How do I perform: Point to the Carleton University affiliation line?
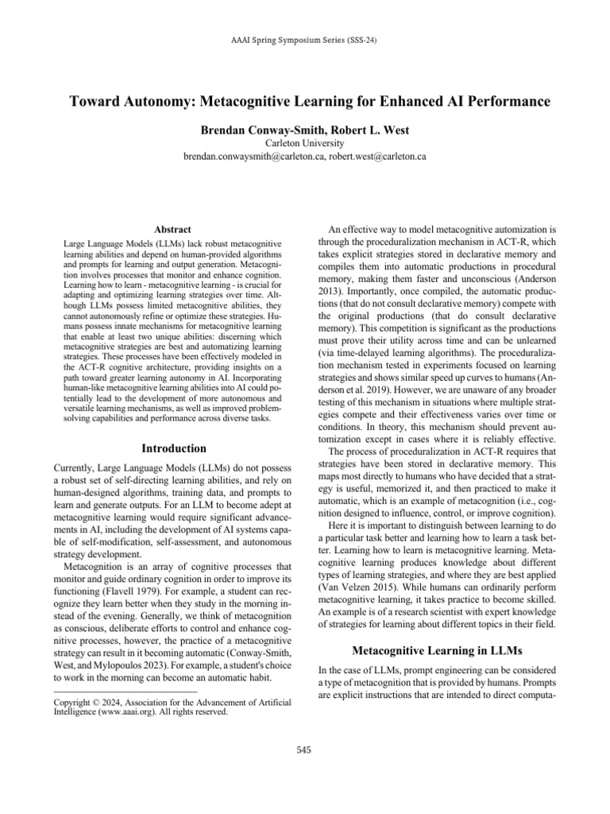pyautogui.click(x=304, y=141)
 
